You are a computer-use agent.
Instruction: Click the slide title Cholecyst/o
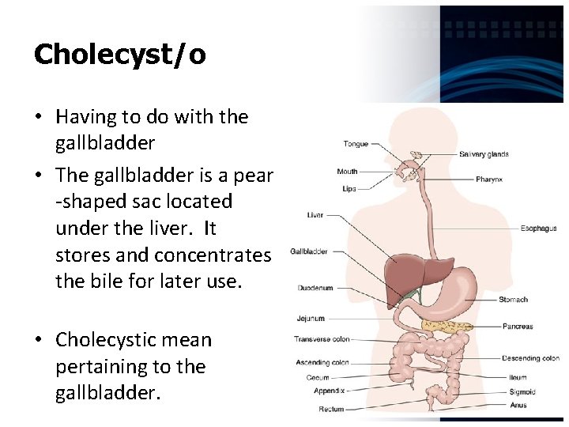[x=120, y=55]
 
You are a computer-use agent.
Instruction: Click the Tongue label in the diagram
[x=356, y=144]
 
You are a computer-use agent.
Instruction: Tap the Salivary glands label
[x=484, y=154]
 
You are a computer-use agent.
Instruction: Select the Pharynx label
[x=489, y=179]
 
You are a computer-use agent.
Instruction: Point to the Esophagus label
[x=538, y=229]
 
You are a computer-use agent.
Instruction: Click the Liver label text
[x=315, y=215]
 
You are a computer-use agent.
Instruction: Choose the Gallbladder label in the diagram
[x=309, y=251]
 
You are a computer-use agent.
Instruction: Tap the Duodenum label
[x=315, y=288]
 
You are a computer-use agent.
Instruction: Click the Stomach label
[x=513, y=300]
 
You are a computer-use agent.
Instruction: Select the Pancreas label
[x=518, y=327]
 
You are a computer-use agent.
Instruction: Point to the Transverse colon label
[x=322, y=339]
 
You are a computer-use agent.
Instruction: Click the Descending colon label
[x=530, y=358]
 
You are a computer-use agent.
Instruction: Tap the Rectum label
[x=331, y=409]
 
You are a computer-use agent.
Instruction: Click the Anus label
[x=518, y=406]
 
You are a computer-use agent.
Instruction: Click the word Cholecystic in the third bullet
[x=107, y=340]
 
